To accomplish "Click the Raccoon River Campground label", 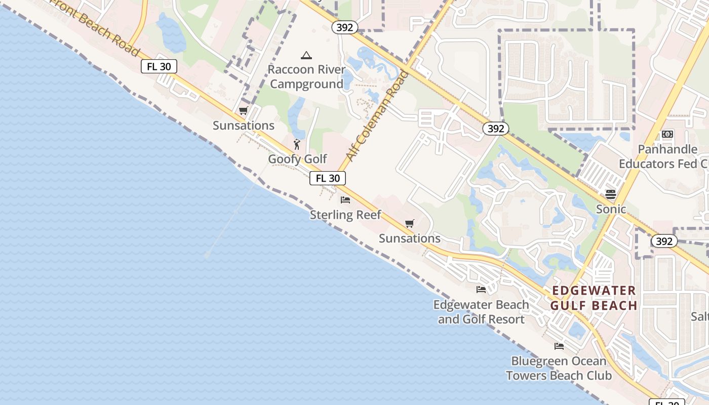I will pos(306,76).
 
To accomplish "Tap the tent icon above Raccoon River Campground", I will pos(306,55).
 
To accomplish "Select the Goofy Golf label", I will pos(297,159).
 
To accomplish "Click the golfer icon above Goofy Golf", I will pos(297,144).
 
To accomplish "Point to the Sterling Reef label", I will pos(345,215).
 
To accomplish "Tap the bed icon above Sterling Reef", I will pos(345,200).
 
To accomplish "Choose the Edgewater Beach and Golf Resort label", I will pos(481,312).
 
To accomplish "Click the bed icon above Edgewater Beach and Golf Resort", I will pos(481,290).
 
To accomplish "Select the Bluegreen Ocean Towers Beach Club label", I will pos(559,368).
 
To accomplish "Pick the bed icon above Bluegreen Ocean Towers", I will pos(559,346).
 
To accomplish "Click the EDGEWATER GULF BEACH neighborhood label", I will pos(593,298).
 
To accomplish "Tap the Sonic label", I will pos(611,209).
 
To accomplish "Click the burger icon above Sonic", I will pos(611,194).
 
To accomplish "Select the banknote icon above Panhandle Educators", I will pos(667,134).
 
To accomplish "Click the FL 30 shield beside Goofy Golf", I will pos(328,178).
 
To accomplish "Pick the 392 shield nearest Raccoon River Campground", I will pos(344,27).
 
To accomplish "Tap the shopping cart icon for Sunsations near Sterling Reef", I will pos(410,223).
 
